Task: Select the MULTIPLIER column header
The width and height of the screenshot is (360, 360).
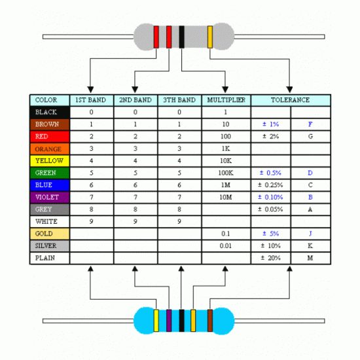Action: tap(226, 100)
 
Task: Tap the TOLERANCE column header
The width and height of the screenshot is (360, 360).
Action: tap(290, 100)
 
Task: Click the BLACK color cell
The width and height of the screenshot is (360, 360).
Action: tap(50, 112)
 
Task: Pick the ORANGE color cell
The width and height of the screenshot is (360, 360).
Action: tap(50, 149)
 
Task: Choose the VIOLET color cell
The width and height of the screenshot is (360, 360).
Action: tap(50, 197)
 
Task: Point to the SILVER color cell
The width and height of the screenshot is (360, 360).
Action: tap(50, 245)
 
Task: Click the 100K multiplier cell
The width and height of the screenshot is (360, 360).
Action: tap(226, 173)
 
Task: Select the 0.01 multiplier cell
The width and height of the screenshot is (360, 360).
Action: tap(226, 245)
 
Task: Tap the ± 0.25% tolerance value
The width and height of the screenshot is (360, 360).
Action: tap(271, 185)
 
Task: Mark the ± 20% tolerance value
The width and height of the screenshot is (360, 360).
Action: tap(271, 258)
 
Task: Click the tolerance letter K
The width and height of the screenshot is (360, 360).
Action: tap(310, 245)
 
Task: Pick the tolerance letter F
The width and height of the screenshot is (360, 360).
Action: tap(310, 124)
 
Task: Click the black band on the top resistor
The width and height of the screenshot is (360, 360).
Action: tap(181, 37)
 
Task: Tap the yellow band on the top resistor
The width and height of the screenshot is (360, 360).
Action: tap(209, 37)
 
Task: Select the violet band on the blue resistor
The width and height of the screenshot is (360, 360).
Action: tap(169, 320)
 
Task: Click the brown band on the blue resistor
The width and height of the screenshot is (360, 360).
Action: tap(210, 320)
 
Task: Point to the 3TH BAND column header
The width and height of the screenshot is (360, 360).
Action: tap(179, 100)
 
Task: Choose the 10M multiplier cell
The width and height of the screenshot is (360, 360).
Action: tap(226, 197)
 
